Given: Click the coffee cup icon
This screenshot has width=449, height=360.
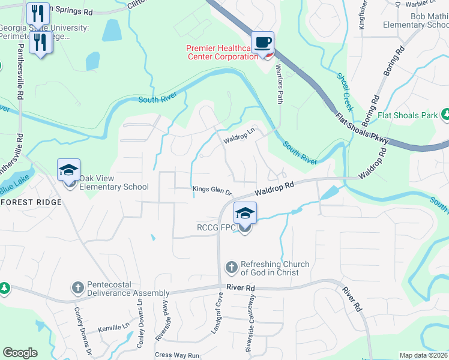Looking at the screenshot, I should (262, 43).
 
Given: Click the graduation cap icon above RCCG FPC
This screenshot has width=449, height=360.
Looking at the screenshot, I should (245, 214).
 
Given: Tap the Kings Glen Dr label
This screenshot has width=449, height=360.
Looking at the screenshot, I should (212, 190).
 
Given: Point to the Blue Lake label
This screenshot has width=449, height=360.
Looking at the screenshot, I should (13, 187).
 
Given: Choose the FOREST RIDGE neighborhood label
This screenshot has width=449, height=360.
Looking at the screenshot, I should (31, 202).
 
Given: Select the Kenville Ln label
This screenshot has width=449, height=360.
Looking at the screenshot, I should (114, 328).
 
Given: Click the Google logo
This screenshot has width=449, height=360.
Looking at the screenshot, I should (20, 353).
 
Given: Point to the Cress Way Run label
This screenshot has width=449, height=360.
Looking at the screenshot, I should (176, 355).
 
